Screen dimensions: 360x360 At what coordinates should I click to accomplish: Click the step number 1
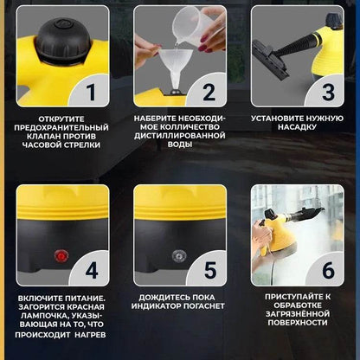[x=91, y=93]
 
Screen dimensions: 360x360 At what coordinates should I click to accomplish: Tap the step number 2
[x=209, y=93]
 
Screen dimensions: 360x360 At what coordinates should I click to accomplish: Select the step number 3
[x=328, y=93]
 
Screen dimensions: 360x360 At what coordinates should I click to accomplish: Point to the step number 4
[x=92, y=271]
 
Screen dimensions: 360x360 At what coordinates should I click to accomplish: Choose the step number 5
[x=210, y=270]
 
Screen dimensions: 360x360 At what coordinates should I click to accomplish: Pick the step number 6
[x=328, y=270]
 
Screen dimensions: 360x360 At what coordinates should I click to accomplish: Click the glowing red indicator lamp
[x=61, y=256]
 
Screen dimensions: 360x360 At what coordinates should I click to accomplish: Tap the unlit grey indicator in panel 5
[x=179, y=256]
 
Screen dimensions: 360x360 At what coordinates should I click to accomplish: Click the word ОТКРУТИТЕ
[x=61, y=119]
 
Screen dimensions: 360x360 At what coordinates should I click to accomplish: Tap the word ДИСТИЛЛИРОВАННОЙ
[x=180, y=136]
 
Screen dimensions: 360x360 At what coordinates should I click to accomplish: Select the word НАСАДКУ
[x=297, y=127]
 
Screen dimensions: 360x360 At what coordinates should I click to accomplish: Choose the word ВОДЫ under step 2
[x=180, y=145]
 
